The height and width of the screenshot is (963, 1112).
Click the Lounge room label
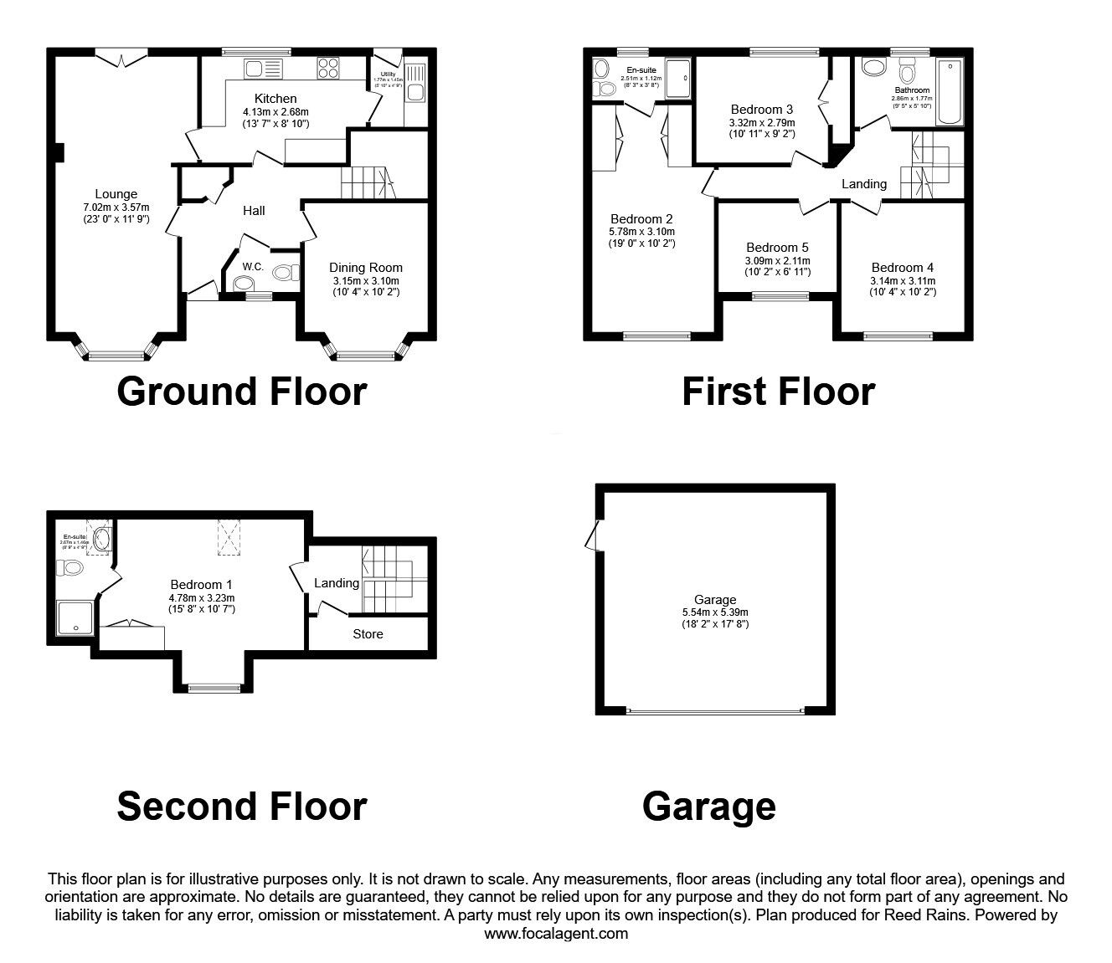(116, 194)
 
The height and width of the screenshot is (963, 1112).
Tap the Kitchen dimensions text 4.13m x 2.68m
(275, 112)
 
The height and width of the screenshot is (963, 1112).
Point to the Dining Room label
(365, 268)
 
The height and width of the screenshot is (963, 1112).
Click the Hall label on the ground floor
(254, 211)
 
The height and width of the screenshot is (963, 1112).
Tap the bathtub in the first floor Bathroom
(950, 92)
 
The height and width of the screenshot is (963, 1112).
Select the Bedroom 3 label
(761, 110)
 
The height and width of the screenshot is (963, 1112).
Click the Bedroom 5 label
(778, 248)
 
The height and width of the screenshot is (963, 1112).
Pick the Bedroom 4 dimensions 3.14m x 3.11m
(903, 281)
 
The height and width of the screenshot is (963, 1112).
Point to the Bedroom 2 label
(641, 220)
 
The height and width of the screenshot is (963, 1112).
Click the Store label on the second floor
(368, 634)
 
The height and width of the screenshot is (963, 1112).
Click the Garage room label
(714, 599)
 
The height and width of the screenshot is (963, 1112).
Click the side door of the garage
(595, 535)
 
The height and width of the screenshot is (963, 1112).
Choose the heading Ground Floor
(241, 392)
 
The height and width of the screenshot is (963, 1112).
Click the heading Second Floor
(241, 806)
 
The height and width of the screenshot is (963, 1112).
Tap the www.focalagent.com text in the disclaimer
(555, 934)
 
